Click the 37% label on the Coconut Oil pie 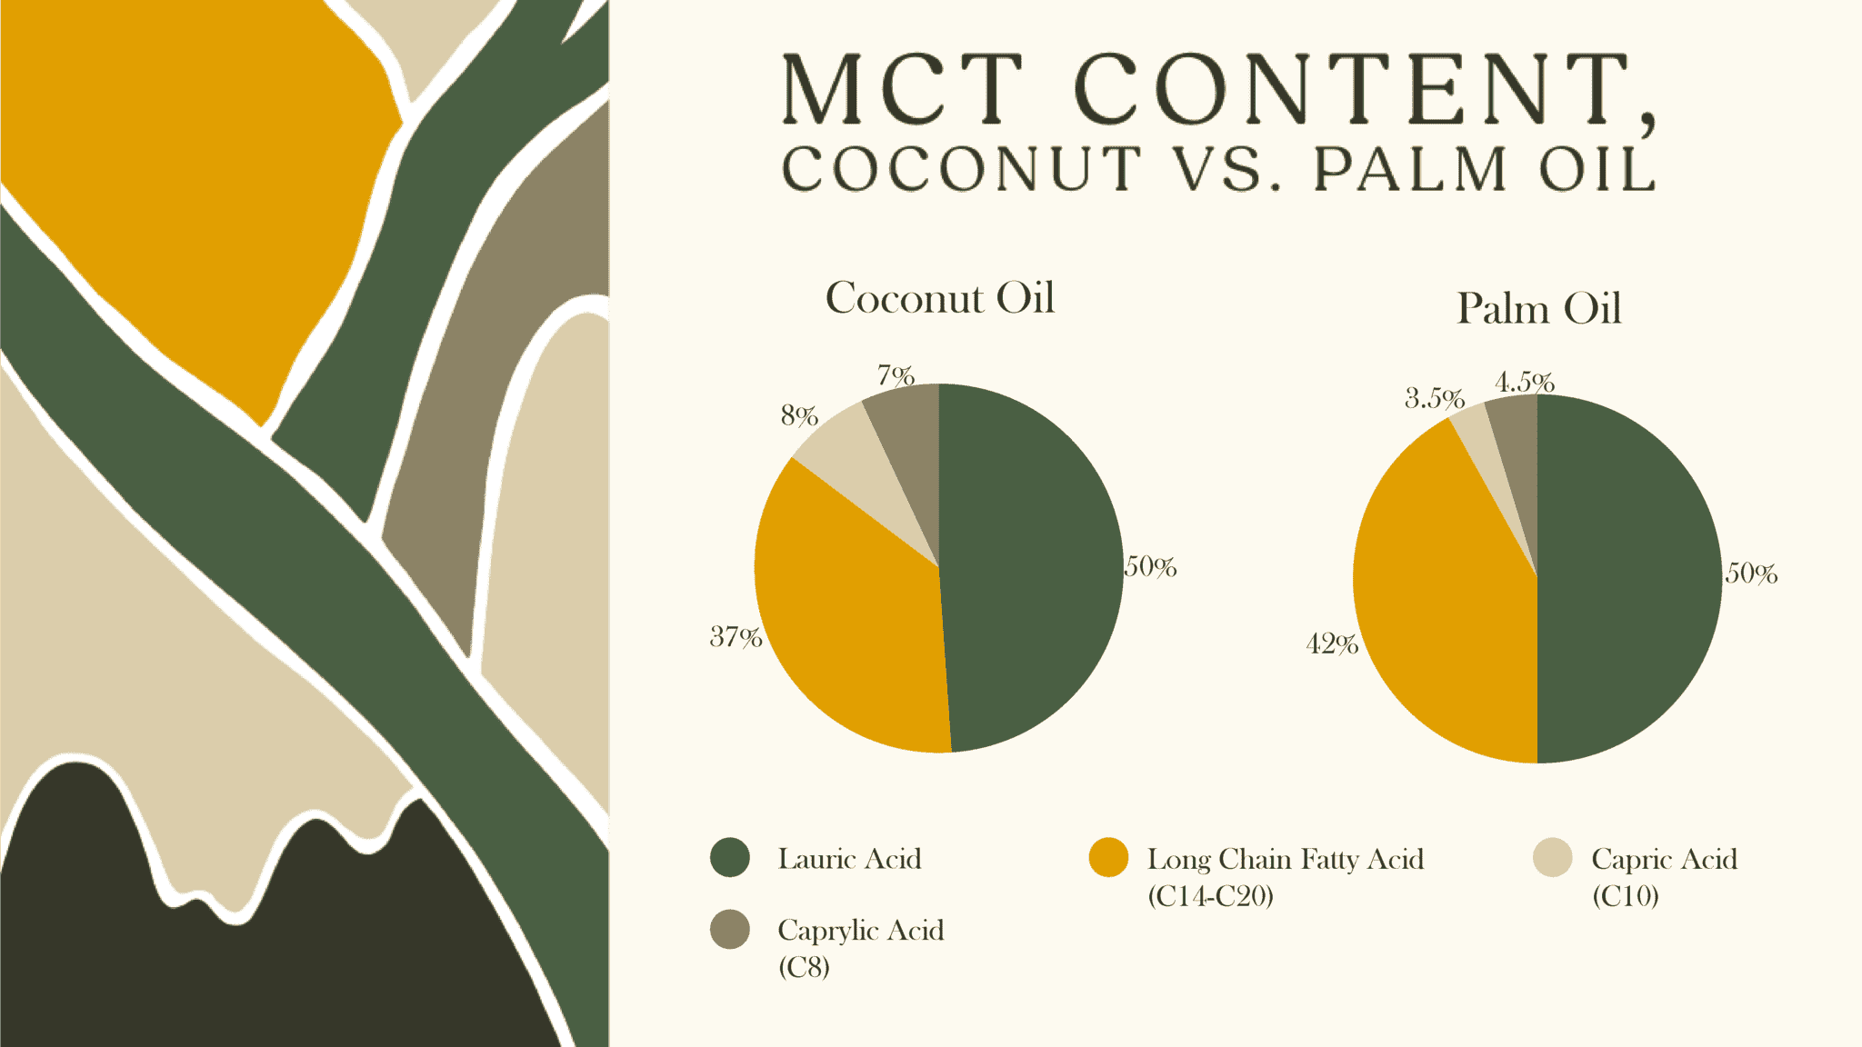736,637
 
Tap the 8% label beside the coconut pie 799,415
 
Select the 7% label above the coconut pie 896,374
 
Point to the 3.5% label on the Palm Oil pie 1434,398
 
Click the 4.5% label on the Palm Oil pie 1524,382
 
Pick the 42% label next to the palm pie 1332,644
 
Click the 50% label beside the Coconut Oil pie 1151,567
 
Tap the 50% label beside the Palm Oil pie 1751,573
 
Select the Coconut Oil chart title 939,298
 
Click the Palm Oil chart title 1538,309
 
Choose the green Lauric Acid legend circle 729,858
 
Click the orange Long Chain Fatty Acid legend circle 1107,858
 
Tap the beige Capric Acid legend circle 1552,858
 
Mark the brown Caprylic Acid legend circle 729,929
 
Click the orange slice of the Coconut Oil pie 846,618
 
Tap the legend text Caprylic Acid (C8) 860,947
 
